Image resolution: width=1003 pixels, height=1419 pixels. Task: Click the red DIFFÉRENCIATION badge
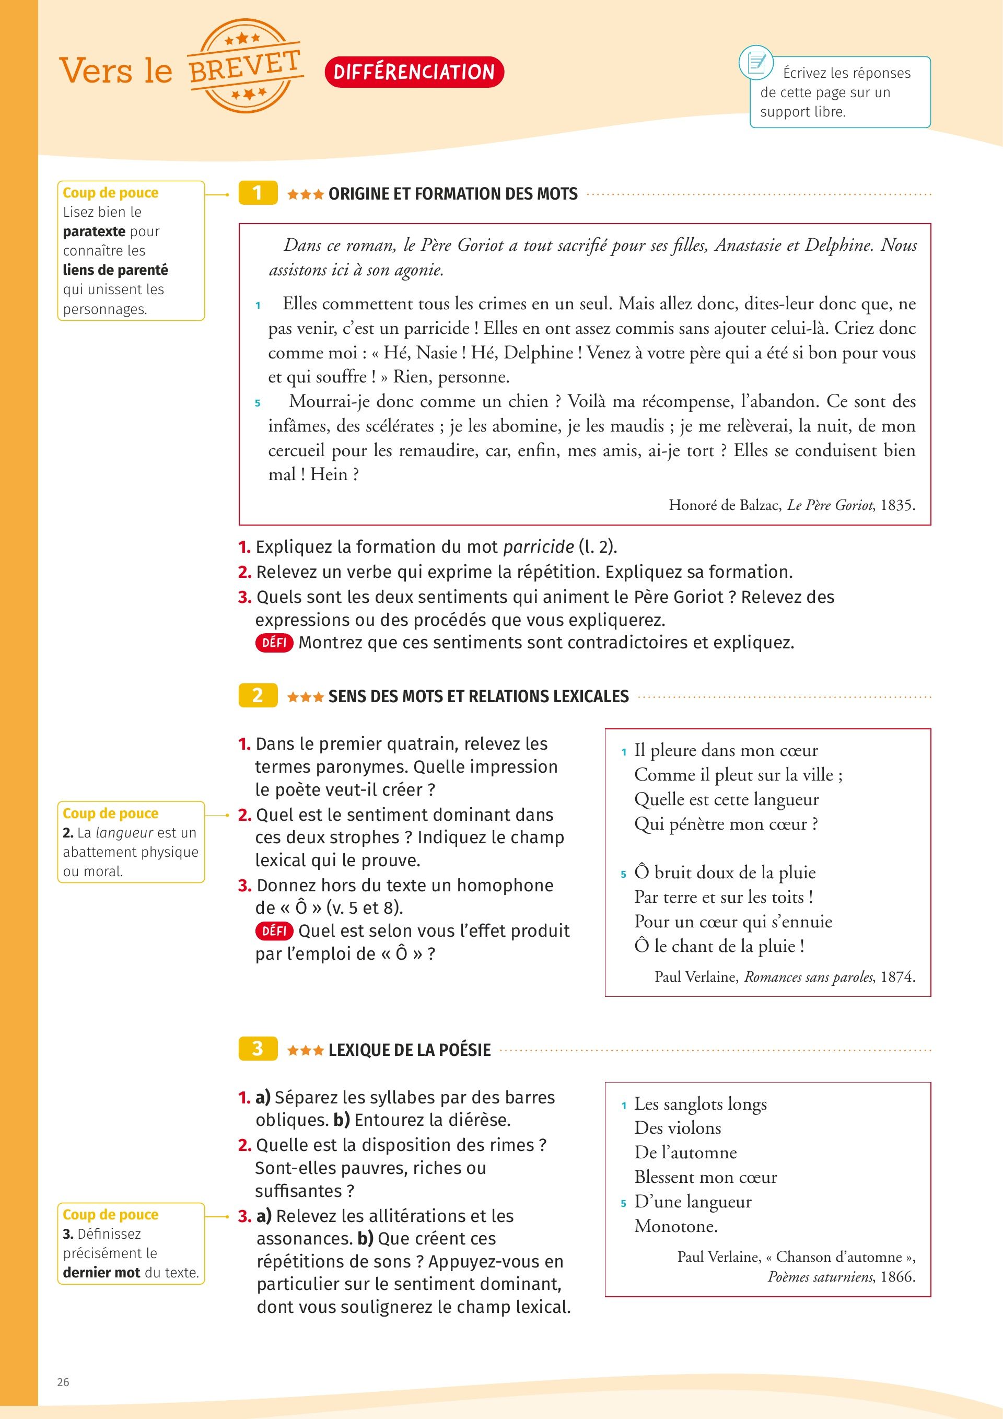(414, 72)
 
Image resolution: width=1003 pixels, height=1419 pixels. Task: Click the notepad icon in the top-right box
(756, 62)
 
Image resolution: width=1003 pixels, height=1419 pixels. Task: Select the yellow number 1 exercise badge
(258, 193)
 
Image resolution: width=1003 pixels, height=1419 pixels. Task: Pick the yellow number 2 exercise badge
(258, 695)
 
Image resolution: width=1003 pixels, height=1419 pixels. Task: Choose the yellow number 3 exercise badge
(258, 1049)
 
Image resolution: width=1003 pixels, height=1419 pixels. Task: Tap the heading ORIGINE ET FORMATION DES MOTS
(453, 194)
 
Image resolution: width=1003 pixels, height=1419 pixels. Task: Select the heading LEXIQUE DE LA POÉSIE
(409, 1050)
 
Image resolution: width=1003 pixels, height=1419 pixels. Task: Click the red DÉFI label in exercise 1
(274, 643)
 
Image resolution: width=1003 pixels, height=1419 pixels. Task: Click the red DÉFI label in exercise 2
(274, 931)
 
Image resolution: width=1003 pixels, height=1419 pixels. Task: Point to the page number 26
(63, 1382)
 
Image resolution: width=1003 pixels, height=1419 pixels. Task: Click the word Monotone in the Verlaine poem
(675, 1226)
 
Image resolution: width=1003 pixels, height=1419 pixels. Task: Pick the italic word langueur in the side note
(124, 833)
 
